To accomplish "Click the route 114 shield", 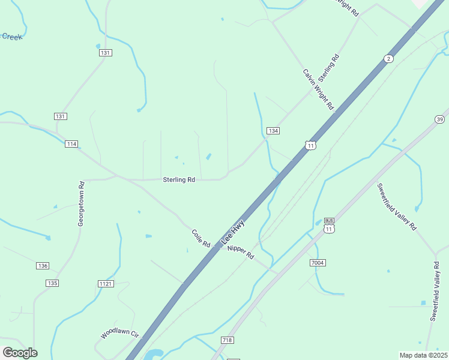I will [x=72, y=144].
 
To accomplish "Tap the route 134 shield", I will [x=273, y=131].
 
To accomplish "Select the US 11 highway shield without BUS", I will [x=310, y=145].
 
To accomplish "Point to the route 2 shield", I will [x=389, y=58].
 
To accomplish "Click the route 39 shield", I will [x=440, y=120].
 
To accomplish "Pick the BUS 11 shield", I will [x=328, y=225].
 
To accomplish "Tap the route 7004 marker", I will [x=318, y=263].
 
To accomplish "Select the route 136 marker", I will [x=42, y=266].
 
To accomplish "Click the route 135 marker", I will [x=52, y=283].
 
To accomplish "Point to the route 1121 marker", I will [x=105, y=283].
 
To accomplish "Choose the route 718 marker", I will [x=227, y=340].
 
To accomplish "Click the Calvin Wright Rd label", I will [x=318, y=90].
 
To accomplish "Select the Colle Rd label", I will [x=200, y=238].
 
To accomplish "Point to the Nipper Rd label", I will [x=241, y=251].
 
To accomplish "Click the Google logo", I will [x=20, y=352].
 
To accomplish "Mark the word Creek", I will [x=11, y=37].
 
